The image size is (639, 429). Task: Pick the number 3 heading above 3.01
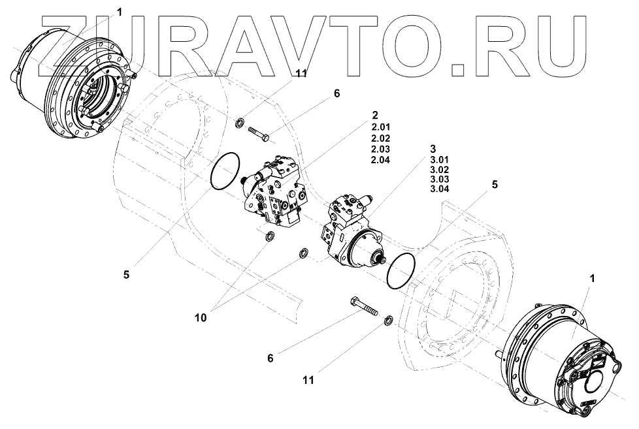pyautogui.click(x=432, y=149)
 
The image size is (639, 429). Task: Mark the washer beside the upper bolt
pyautogui.click(x=240, y=121)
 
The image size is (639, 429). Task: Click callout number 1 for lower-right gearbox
pyautogui.click(x=592, y=278)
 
